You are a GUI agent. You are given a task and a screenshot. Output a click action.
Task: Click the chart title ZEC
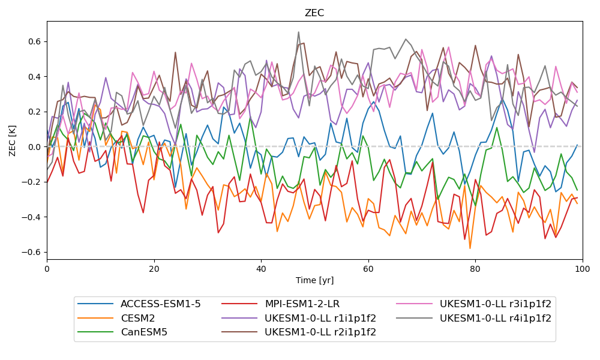tap(314, 13)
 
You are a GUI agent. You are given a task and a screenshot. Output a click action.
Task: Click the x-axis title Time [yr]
tap(314, 280)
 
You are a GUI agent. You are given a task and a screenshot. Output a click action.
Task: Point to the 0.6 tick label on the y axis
tap(34, 41)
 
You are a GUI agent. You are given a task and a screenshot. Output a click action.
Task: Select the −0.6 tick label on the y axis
tap(31, 252)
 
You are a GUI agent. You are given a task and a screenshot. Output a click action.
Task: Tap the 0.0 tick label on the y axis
tap(34, 147)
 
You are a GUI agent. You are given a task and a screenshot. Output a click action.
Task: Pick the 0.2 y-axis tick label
tap(34, 112)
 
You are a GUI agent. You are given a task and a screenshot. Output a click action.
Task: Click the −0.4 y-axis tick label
tap(31, 217)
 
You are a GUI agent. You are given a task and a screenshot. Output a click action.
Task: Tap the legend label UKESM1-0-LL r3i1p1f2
tap(496, 304)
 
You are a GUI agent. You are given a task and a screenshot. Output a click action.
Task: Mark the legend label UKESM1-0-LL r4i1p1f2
tap(496, 319)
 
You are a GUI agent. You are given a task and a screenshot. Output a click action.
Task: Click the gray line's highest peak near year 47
tap(298, 32)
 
